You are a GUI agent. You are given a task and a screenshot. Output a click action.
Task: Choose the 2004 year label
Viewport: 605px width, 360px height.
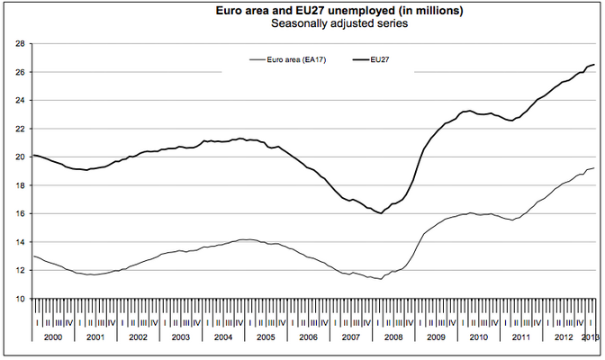pos(224,336)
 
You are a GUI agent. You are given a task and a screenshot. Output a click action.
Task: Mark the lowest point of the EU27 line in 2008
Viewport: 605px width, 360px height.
pos(382,213)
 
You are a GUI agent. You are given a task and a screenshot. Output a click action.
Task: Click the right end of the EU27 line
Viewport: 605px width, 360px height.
pos(594,65)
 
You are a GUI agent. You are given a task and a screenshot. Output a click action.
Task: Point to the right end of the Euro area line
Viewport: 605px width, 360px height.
pos(594,168)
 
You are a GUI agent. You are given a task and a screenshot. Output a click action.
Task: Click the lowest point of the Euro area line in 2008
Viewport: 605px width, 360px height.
pos(382,279)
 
